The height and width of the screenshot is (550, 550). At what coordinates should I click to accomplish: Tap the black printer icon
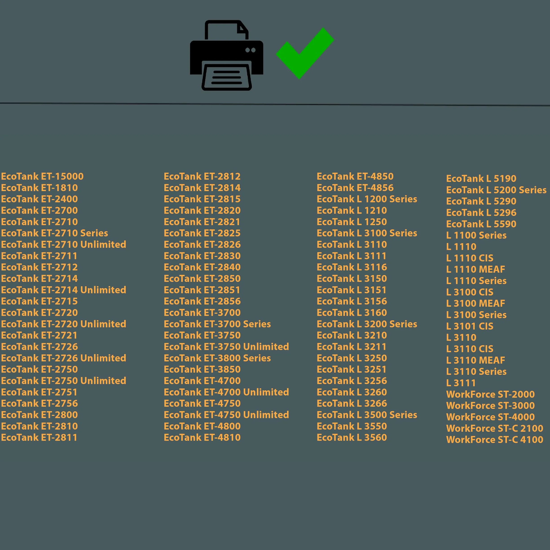227,55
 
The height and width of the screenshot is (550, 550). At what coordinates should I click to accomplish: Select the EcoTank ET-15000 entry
42,176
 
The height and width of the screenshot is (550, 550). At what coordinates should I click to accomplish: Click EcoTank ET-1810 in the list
40,188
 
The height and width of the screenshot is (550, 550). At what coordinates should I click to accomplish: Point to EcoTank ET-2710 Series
55,233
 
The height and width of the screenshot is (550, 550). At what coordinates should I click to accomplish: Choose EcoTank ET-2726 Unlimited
64,358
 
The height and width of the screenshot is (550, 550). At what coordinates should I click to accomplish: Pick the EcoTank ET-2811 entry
39,438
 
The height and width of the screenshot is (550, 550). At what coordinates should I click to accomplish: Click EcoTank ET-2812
202,176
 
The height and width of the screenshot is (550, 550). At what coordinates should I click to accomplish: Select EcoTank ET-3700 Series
218,324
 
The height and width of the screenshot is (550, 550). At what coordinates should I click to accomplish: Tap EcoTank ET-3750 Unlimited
226,347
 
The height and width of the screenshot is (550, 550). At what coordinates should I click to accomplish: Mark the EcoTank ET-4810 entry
202,438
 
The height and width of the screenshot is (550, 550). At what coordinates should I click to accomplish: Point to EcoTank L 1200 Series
367,199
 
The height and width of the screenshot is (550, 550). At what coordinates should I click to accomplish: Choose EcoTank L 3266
352,403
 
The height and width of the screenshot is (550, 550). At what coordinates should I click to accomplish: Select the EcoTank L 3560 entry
352,438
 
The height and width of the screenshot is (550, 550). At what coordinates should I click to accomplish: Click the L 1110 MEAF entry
476,269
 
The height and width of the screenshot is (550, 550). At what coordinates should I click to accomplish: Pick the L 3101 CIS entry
470,326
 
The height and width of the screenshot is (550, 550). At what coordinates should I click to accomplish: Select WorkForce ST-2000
491,394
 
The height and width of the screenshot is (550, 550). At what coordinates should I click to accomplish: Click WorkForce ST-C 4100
495,440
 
